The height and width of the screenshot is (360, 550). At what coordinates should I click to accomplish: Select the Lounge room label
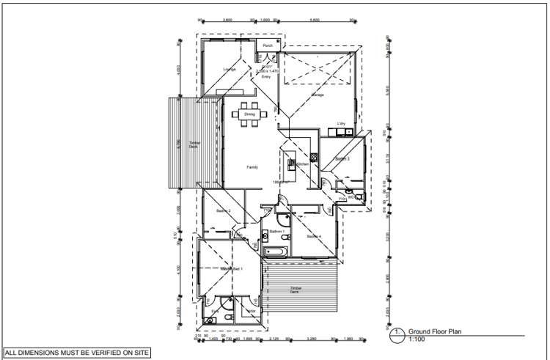click(x=229, y=70)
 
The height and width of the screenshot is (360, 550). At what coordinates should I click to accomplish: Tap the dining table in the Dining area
click(x=249, y=115)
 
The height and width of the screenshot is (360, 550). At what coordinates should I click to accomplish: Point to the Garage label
click(x=318, y=95)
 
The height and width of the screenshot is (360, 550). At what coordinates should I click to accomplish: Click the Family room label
click(x=252, y=167)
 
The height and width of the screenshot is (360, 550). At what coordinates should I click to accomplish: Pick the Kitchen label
click(x=303, y=164)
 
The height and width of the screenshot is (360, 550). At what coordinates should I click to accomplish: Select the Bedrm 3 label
click(x=342, y=158)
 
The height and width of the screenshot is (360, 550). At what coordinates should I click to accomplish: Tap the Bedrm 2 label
click(x=224, y=211)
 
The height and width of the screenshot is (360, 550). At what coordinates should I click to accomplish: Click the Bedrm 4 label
click(x=315, y=236)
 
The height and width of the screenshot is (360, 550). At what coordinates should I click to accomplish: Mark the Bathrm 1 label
click(x=276, y=232)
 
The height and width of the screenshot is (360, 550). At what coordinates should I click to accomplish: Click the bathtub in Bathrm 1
click(x=277, y=252)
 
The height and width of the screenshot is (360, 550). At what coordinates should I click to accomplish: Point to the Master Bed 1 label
click(x=232, y=270)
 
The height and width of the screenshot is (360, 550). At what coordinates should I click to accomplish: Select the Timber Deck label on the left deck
click(x=194, y=144)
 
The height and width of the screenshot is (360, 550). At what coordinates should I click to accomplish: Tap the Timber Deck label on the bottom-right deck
click(x=296, y=290)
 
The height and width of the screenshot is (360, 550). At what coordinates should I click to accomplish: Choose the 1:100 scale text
click(x=416, y=339)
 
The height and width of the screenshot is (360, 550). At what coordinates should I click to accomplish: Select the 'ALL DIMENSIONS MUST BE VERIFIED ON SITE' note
click(x=77, y=353)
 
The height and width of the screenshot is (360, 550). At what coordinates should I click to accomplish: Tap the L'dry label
click(x=341, y=123)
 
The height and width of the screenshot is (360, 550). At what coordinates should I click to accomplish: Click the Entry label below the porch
click(x=267, y=76)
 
